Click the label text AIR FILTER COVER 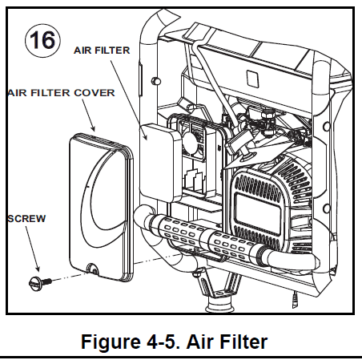[60, 92]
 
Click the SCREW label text [26, 217]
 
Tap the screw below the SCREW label [37, 279]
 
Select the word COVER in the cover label [96, 92]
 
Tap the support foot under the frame [216, 301]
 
